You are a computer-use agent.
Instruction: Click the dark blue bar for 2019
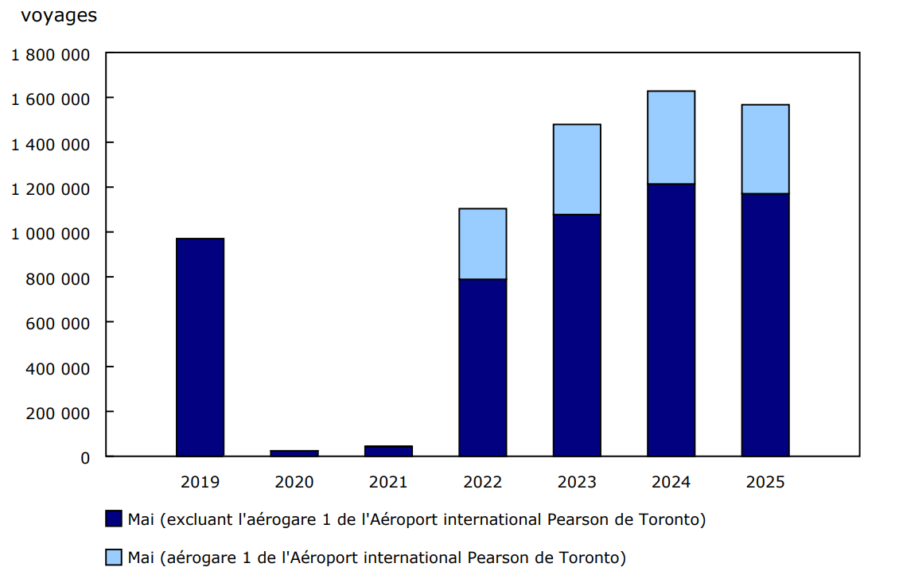[200, 347]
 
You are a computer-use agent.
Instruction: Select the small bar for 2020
[294, 453]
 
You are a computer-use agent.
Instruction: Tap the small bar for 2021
[388, 451]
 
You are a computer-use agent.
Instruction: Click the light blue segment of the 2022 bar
[483, 243]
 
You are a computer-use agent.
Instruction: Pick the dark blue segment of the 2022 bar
[483, 367]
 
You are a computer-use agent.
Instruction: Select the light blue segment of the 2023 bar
[577, 169]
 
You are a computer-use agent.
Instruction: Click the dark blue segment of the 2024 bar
[671, 320]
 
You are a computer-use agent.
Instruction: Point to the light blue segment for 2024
[671, 138]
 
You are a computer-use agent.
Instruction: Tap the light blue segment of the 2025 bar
[765, 149]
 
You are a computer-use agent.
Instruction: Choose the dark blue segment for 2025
[765, 324]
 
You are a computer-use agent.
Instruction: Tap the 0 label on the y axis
[85, 457]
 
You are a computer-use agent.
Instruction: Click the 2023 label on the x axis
[577, 482]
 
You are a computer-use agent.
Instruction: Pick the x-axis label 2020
[294, 482]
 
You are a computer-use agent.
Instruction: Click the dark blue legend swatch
[114, 519]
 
